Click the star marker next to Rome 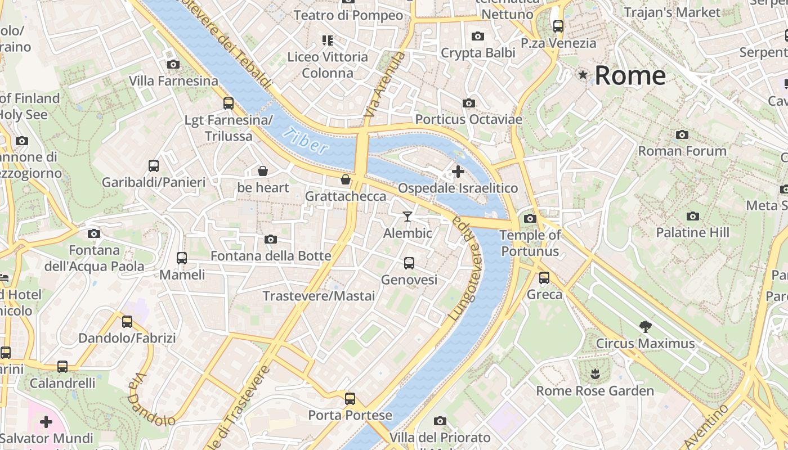pos(583,74)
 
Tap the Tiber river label pos(306,141)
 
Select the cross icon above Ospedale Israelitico pos(458,171)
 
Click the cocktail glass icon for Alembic pos(408,217)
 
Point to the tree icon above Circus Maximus pos(645,326)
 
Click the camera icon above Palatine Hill pos(693,216)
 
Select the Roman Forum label pos(682,151)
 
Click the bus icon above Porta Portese pos(350,399)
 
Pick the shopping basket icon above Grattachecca pos(346,179)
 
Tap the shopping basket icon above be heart pos(263,170)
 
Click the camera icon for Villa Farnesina pos(173,64)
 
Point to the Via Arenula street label pos(385,85)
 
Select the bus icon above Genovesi pos(409,263)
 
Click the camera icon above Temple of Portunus pos(530,218)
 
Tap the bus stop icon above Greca pos(544,277)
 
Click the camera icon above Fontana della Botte pos(271,239)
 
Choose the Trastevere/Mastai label pos(319,296)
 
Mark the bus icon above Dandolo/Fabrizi pos(127,321)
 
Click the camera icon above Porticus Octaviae pos(468,103)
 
